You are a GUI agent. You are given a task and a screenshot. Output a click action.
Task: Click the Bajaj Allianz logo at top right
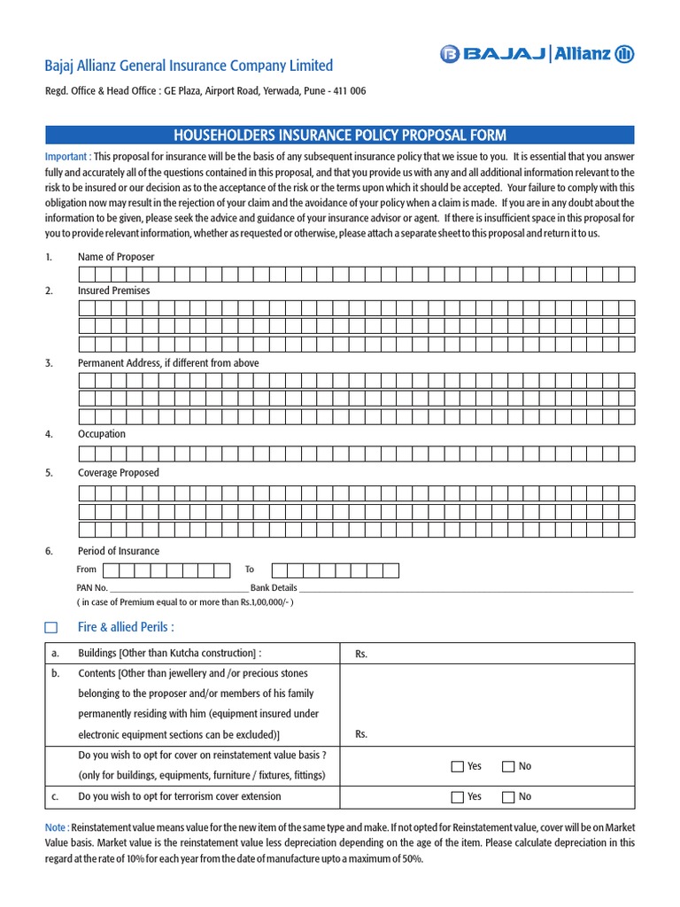(537, 55)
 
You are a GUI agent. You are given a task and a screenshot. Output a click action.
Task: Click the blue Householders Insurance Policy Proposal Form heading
(340, 135)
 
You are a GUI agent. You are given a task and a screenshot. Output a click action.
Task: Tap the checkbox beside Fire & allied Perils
(51, 628)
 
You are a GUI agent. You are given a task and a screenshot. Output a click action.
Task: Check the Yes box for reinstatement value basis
(457, 766)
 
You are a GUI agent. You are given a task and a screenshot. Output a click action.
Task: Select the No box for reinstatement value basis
(508, 766)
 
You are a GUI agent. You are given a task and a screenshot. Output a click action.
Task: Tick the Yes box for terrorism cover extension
(457, 797)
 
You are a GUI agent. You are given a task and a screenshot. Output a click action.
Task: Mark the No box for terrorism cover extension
(508, 797)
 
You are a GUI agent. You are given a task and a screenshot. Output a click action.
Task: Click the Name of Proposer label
(116, 257)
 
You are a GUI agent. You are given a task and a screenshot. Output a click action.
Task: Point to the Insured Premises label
(113, 291)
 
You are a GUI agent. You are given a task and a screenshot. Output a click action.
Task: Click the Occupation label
(102, 434)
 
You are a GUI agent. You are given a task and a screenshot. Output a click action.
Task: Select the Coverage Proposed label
(119, 473)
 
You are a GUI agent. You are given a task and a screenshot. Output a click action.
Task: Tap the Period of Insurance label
(119, 551)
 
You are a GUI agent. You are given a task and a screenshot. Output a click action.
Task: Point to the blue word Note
(55, 827)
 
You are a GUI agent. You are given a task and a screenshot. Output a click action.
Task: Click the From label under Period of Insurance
(87, 570)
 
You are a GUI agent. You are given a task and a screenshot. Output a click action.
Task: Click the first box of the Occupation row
(87, 453)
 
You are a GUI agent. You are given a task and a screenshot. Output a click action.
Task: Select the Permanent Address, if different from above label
(168, 363)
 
